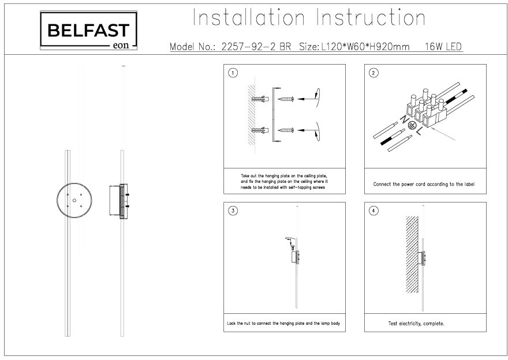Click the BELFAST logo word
[88, 29]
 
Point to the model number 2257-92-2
[248, 47]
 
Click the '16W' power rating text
[433, 47]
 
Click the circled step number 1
[233, 73]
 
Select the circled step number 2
[373, 73]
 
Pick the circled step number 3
[233, 211]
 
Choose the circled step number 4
[373, 211]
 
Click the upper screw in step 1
[287, 99]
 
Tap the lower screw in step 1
[287, 130]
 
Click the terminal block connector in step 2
[426, 107]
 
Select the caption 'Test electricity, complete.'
[416, 324]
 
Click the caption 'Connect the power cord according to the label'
[424, 185]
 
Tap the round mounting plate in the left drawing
[74, 201]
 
